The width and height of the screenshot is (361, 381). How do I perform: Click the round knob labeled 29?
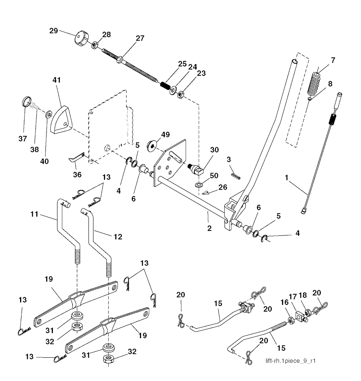(x=81, y=38)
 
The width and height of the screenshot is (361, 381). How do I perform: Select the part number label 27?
(x=140, y=39)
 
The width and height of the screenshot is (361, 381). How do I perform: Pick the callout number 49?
(x=165, y=135)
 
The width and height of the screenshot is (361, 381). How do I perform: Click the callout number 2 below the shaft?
(x=209, y=228)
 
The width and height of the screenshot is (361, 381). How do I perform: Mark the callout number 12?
(x=118, y=237)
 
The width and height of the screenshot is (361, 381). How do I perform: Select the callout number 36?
(x=77, y=174)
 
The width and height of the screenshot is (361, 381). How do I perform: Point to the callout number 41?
(x=57, y=80)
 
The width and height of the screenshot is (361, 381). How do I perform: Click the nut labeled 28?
(x=95, y=45)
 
